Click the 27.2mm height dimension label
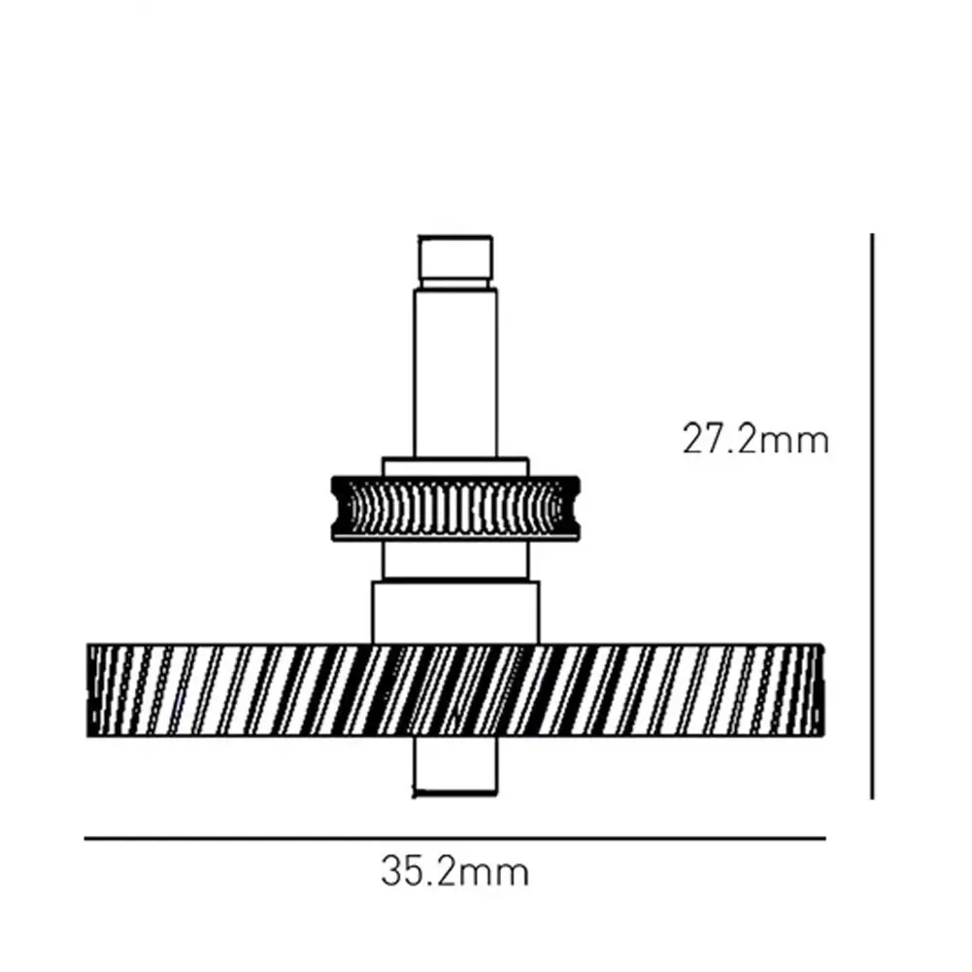coord(755,440)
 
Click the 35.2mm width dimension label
coord(454,871)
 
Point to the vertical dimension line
coord(873,515)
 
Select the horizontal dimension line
coord(454,838)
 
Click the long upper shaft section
coord(455,374)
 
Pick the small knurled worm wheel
coord(455,508)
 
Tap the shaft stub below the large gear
coord(455,767)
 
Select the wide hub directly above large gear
coord(455,612)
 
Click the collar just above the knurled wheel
coord(455,466)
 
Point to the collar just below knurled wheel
coord(455,559)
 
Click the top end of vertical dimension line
coord(873,236)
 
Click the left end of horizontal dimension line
coord(87,838)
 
